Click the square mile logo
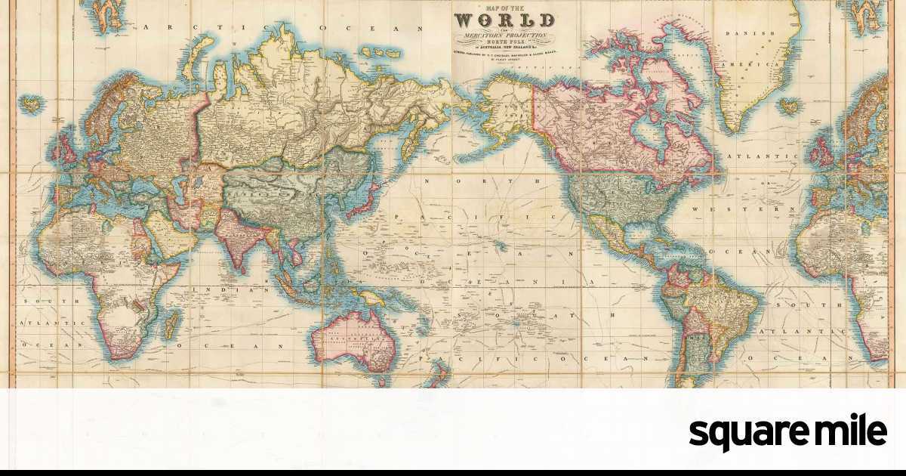(788, 432)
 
